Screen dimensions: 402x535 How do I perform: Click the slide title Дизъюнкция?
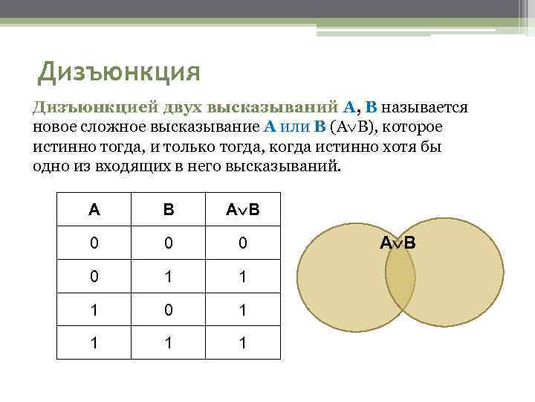pos(120,71)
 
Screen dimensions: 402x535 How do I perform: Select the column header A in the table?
pos(94,210)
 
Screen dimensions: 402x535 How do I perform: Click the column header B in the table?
pos(169,210)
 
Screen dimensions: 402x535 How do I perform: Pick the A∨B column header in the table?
pos(242,210)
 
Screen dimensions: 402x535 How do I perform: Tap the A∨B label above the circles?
pos(398,242)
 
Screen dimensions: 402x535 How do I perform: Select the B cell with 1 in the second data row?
pos(169,275)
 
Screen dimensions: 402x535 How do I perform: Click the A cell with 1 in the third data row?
pos(94,309)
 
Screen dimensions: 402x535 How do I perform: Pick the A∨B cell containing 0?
pos(242,243)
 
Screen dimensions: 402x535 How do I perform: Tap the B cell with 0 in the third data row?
pos(169,309)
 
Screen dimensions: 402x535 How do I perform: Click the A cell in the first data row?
pos(94,243)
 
